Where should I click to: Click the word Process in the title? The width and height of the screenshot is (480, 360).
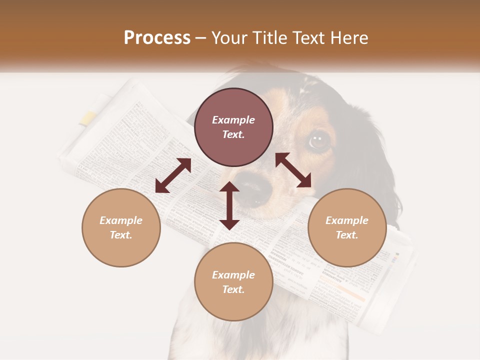pyautogui.click(x=157, y=38)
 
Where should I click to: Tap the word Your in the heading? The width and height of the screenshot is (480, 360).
pyautogui.click(x=229, y=38)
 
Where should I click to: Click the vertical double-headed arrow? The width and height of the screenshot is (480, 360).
pyautogui.click(x=229, y=205)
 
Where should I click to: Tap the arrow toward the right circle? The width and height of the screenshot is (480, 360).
pyautogui.click(x=293, y=170)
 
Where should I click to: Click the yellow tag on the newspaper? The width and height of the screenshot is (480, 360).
pyautogui.click(x=88, y=118)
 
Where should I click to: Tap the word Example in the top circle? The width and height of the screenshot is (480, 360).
pyautogui.click(x=233, y=120)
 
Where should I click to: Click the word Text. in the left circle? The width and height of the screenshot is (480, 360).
pyautogui.click(x=121, y=235)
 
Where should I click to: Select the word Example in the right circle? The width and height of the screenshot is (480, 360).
pyautogui.click(x=347, y=220)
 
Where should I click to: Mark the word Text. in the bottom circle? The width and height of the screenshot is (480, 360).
pyautogui.click(x=233, y=289)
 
